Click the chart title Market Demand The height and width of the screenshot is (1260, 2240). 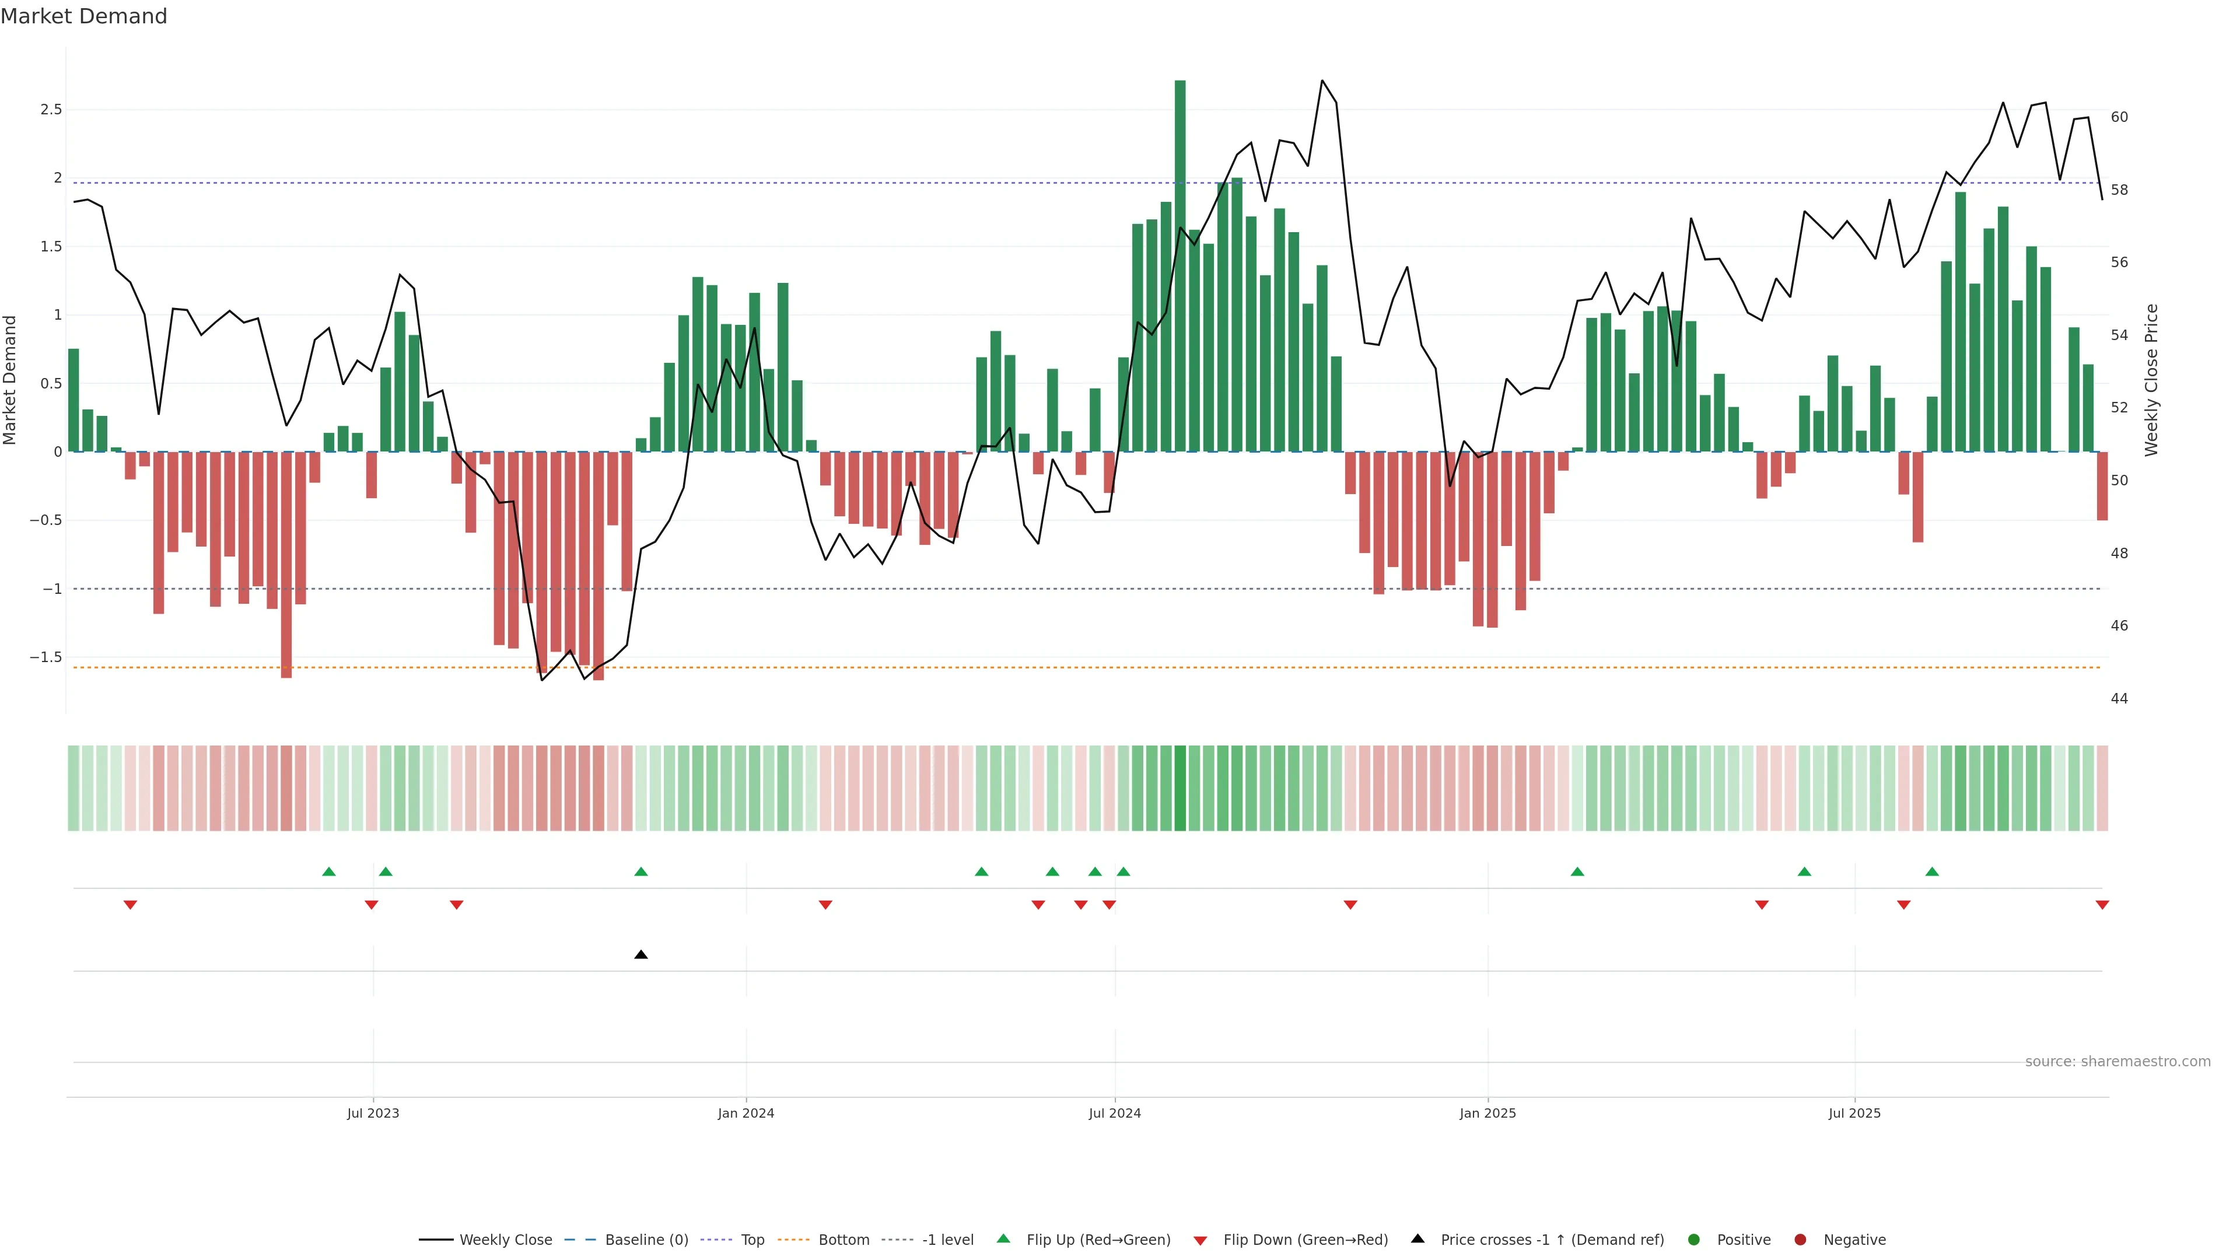[x=83, y=16]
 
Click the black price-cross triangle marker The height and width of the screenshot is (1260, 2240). [x=641, y=955]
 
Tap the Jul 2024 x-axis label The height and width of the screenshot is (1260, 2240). [x=1115, y=1113]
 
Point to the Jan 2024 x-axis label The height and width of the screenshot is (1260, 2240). [x=745, y=1113]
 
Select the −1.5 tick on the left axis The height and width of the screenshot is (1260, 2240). [x=46, y=657]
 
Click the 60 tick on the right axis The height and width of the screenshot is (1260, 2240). [x=2119, y=117]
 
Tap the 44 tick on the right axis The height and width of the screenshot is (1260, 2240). [x=2119, y=698]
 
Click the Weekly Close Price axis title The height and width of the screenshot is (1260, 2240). [x=2151, y=380]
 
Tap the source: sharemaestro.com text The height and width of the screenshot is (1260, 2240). [x=2117, y=1062]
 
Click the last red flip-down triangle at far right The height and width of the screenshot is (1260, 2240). [x=2102, y=905]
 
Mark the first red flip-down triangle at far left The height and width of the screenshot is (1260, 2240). [x=131, y=905]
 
